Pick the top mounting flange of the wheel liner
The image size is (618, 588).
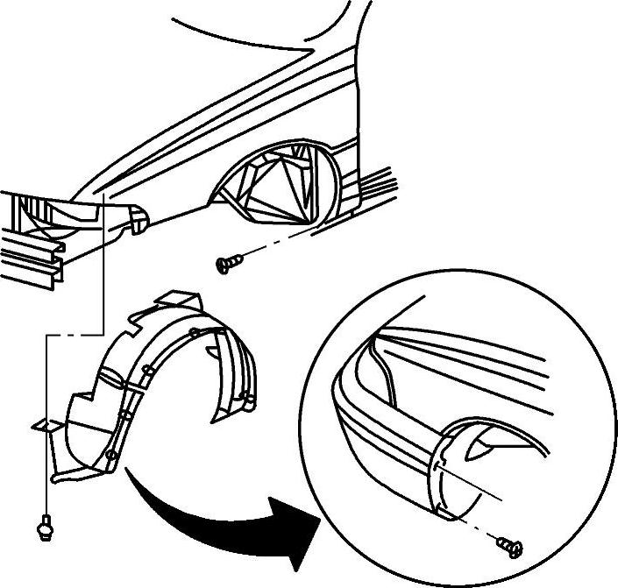[x=175, y=303]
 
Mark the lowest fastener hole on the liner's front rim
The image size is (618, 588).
[x=110, y=457]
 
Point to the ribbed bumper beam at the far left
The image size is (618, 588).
[x=31, y=254]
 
